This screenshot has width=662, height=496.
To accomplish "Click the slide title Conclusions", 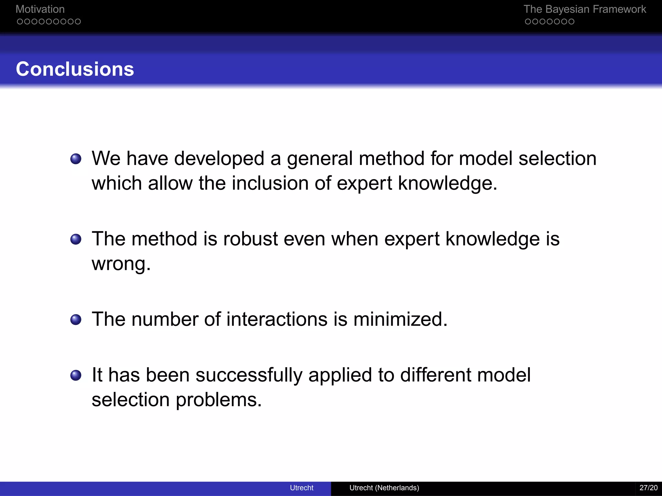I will coord(75,69).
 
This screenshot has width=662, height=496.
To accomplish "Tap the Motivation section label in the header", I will coord(40,9).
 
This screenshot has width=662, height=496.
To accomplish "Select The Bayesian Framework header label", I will coord(584,9).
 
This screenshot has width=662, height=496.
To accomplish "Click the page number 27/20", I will coord(648,488).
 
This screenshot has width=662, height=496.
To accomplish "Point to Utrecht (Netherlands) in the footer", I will coord(384,488).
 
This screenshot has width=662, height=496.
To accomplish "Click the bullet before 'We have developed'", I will coord(76,159).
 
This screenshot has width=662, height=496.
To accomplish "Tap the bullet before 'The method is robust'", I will coord(76,239).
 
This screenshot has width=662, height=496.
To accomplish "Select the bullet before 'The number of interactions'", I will coord(76,320).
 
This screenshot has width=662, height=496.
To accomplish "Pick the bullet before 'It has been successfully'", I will coord(76,375).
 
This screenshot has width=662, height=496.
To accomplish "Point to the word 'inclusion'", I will coord(270,183).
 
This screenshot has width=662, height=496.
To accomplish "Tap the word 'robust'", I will coord(250,239).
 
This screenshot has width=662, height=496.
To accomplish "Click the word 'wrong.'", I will coord(121,264).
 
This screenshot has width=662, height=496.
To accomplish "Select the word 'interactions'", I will coord(277,319).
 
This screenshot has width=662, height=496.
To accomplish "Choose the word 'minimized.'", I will coord(400,319).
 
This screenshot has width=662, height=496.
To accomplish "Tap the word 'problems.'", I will coord(219,400).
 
